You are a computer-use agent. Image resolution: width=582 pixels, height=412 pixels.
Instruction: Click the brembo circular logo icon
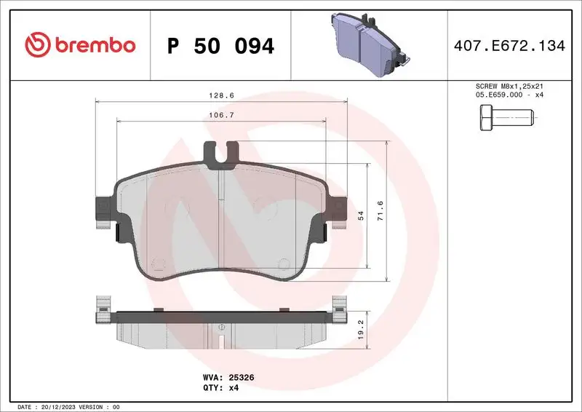pos(36,45)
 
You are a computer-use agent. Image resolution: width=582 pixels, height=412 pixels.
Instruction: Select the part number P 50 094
pos(220,46)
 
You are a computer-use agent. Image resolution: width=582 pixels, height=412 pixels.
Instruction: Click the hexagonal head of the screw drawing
pos(485,116)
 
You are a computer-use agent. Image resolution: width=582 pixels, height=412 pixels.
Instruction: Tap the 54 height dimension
pos(360,216)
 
